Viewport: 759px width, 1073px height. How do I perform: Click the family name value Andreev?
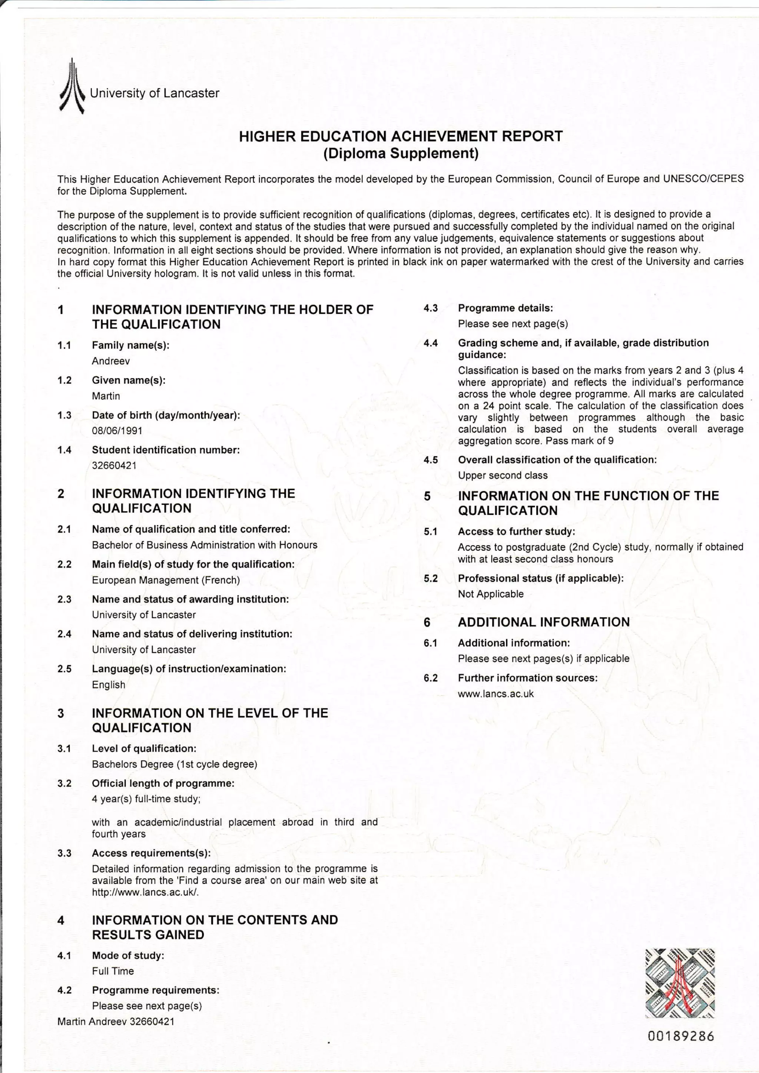pyautogui.click(x=111, y=361)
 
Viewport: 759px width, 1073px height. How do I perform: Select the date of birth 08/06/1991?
pyautogui.click(x=117, y=431)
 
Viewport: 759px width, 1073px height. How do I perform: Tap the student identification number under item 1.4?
pyautogui.click(x=114, y=466)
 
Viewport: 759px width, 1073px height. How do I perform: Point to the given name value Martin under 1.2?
pyautogui.click(x=106, y=396)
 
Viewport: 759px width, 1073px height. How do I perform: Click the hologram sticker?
pyautogui.click(x=680, y=982)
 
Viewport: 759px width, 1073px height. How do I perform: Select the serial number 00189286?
pyautogui.click(x=681, y=1037)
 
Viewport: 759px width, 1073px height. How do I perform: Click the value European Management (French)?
pyautogui.click(x=166, y=580)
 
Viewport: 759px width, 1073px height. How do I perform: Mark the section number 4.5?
pyautogui.click(x=431, y=460)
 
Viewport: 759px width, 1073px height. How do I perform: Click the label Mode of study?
pyautogui.click(x=127, y=956)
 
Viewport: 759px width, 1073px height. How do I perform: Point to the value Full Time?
pyautogui.click(x=113, y=971)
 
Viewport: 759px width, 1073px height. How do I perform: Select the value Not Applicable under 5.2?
pyautogui.click(x=491, y=594)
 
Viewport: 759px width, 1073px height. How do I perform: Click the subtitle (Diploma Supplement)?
pyautogui.click(x=401, y=153)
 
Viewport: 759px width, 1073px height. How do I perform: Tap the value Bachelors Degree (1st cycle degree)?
pyautogui.click(x=175, y=764)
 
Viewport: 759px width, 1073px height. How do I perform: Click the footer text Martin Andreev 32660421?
pyautogui.click(x=116, y=1022)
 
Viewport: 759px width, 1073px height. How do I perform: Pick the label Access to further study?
pyautogui.click(x=516, y=531)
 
